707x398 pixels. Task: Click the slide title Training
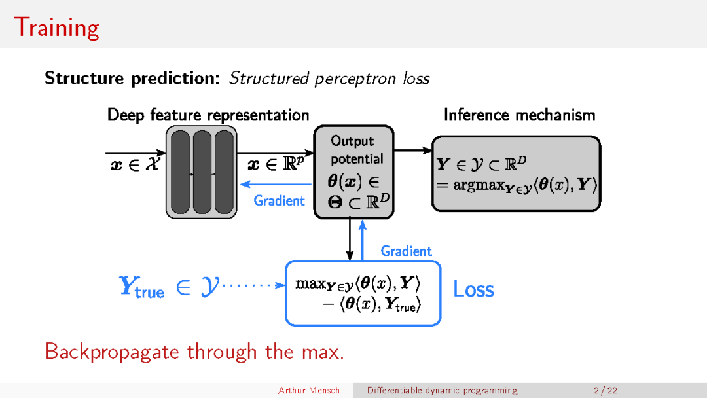point(56,27)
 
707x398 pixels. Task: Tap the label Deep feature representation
point(208,115)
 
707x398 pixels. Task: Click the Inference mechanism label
point(519,115)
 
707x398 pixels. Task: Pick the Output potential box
point(353,172)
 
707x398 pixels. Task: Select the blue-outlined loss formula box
point(363,293)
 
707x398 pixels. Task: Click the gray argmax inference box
point(516,173)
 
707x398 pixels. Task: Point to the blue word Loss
point(473,289)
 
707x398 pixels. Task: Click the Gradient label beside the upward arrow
point(406,251)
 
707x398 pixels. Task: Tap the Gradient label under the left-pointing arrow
point(280,200)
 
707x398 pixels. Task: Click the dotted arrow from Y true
point(253,285)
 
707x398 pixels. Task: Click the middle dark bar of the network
point(202,173)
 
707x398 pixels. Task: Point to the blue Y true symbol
point(141,286)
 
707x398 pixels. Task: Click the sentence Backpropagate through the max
point(194,352)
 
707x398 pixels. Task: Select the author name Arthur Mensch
point(309,391)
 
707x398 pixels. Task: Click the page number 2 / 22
point(605,391)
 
